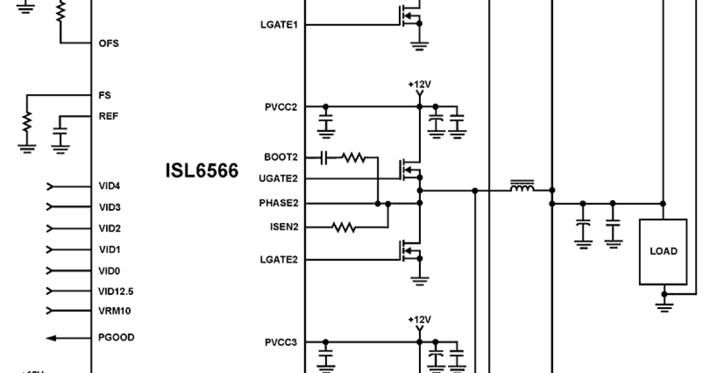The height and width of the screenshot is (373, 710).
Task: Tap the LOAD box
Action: click(663, 251)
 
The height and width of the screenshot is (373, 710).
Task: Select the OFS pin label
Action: click(109, 43)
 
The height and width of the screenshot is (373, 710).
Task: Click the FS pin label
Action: click(104, 95)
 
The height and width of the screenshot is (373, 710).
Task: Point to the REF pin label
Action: click(108, 116)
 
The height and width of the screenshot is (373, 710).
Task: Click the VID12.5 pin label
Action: click(115, 291)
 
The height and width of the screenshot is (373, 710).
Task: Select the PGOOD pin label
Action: click(116, 337)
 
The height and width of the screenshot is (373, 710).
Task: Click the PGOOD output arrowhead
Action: click(51, 338)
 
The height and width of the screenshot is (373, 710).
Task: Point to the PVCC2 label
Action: click(281, 107)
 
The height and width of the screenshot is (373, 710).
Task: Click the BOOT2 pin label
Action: click(281, 157)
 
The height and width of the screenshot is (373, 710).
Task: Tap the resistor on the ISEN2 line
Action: click(343, 226)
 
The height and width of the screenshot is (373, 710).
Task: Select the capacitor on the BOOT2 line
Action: click(324, 157)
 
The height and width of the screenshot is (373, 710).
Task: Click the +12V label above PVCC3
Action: click(419, 320)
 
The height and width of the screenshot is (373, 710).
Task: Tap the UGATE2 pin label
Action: click(279, 178)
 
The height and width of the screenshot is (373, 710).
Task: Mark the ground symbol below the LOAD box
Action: click(664, 305)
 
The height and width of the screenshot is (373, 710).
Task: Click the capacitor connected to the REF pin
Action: click(60, 138)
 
